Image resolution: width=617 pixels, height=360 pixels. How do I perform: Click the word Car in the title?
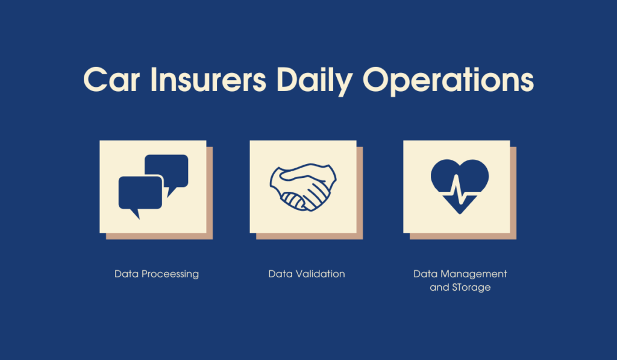(x=109, y=79)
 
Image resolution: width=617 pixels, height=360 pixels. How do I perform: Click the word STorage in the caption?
(x=471, y=288)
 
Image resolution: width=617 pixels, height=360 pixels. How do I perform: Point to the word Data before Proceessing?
(x=127, y=274)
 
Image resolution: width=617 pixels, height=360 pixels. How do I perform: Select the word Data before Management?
(x=425, y=274)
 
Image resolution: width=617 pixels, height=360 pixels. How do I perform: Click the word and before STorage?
(x=439, y=288)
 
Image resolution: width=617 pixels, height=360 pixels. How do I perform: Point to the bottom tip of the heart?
(x=460, y=212)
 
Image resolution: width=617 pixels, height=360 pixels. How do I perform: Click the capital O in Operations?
(x=375, y=80)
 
